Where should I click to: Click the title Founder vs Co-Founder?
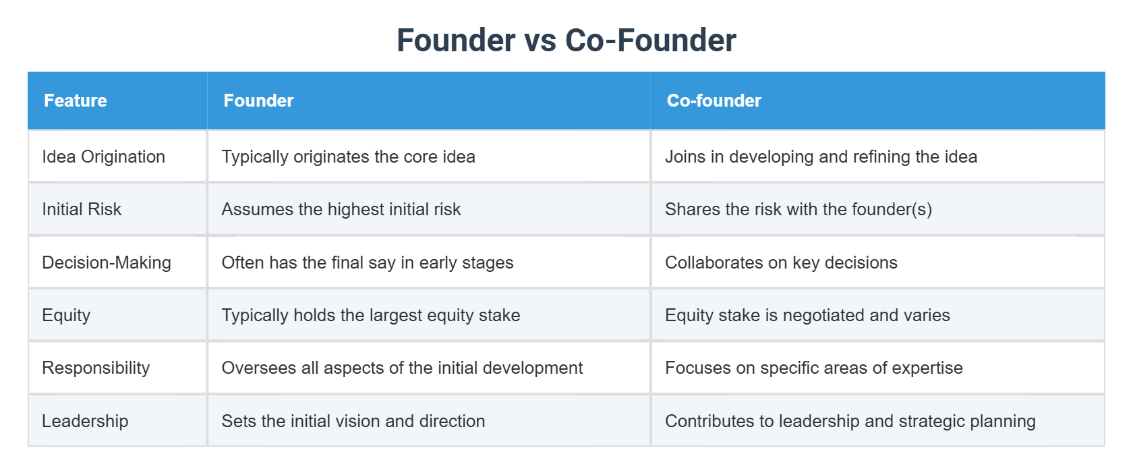pos(566,40)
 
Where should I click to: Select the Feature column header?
pos(76,101)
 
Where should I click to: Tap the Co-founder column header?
pos(714,101)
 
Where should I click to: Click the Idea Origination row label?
pos(103,157)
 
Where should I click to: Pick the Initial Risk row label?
pos(82,209)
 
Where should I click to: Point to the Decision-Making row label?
pos(107,262)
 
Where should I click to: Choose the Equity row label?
pos(66,315)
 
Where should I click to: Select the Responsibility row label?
pos(96,368)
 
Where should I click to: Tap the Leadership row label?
pos(85,421)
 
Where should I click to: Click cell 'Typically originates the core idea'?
pos(348,157)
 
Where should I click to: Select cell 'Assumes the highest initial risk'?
pos(341,209)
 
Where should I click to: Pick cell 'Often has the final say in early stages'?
pos(367,262)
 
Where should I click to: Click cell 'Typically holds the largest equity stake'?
pos(370,315)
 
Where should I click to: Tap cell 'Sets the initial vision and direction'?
pos(353,421)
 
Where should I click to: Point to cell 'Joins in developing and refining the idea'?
pos(821,157)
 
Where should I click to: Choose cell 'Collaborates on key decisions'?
pos(781,262)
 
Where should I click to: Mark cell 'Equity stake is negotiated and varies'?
pos(807,315)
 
